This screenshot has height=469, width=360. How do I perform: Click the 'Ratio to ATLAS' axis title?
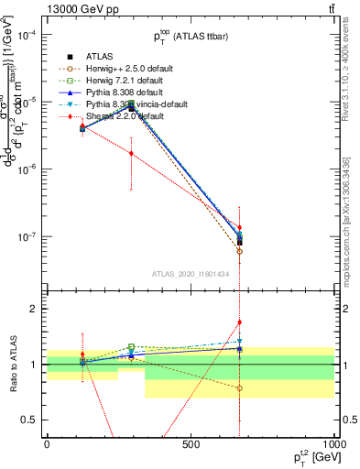[x=12, y=365]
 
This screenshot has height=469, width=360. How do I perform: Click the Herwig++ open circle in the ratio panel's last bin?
[x=239, y=387]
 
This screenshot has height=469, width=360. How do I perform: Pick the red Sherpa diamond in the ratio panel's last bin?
[x=239, y=322]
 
